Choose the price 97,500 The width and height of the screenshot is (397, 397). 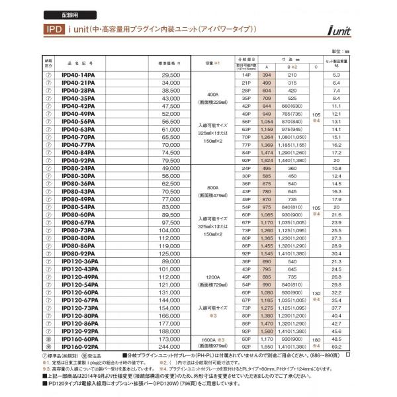point(171,222)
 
